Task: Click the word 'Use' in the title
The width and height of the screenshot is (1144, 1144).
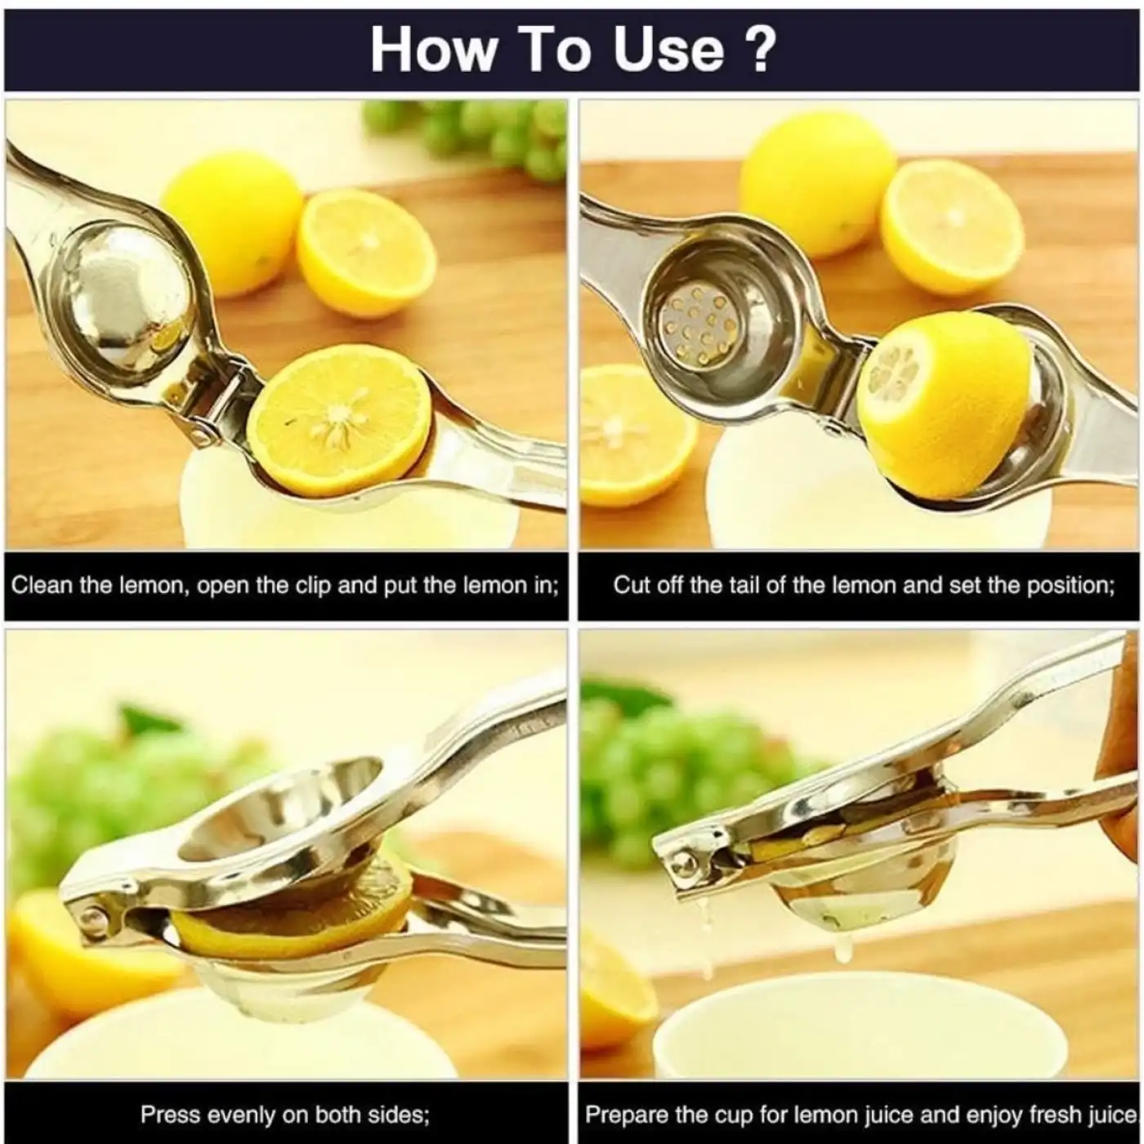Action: tap(668, 49)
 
